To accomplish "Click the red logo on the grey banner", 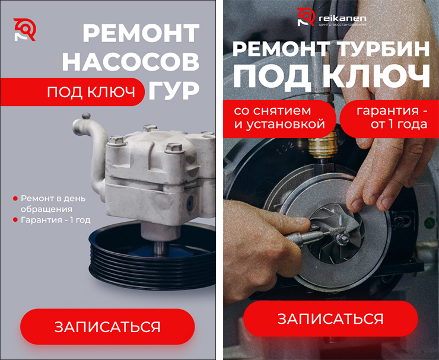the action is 25,30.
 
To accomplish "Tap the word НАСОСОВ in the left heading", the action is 131,62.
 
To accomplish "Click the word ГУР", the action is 174,91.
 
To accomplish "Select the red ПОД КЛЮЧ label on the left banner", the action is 72,92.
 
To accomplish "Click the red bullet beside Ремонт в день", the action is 15,199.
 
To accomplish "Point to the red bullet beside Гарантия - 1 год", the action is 15,220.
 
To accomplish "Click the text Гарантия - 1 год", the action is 55,220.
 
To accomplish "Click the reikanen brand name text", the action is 342,18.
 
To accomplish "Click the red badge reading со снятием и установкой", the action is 279,119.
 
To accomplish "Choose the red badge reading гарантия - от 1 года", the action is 389,119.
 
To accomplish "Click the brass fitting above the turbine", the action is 322,145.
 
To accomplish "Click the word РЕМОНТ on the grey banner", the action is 141,33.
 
